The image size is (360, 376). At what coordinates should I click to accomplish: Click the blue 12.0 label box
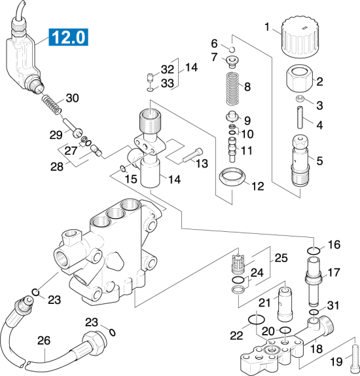(x=69, y=37)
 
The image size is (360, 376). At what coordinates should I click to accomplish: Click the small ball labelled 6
(x=232, y=50)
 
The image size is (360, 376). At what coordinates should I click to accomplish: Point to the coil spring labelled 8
(x=233, y=88)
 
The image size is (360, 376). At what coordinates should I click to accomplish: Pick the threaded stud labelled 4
(x=300, y=118)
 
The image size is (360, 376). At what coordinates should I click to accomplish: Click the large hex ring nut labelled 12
(x=232, y=177)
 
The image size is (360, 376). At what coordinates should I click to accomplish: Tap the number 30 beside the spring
(x=73, y=98)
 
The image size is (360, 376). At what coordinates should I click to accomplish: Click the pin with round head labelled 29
(x=73, y=128)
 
